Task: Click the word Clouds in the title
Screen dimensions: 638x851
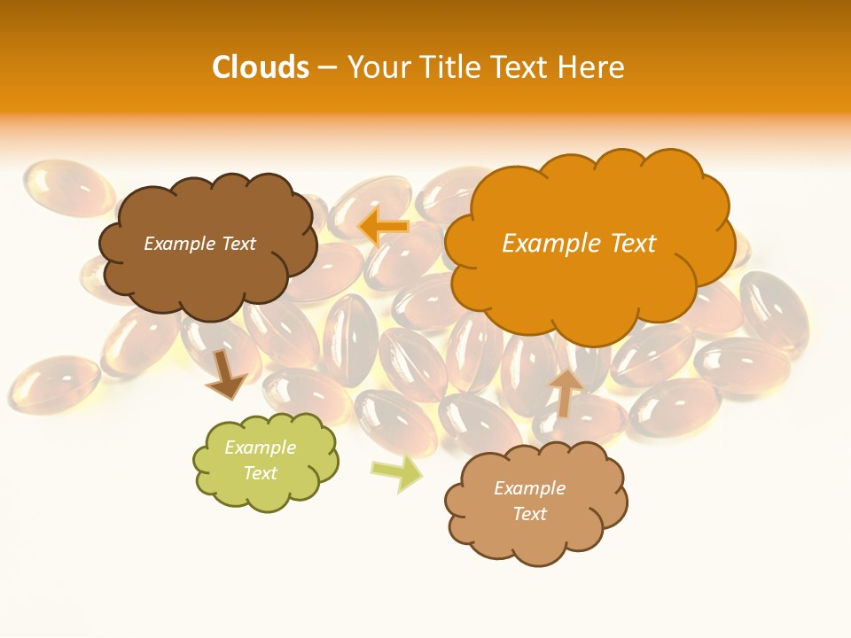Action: click(x=260, y=67)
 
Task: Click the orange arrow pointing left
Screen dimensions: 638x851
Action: click(x=383, y=227)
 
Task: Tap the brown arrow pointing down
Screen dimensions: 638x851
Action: click(x=226, y=374)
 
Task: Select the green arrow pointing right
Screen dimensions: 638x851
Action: click(x=397, y=474)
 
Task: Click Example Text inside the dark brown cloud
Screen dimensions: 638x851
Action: click(x=199, y=244)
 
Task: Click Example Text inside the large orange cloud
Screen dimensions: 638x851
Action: click(x=579, y=244)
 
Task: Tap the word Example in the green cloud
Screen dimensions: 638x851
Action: click(x=260, y=447)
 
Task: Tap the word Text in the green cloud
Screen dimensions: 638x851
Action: click(x=260, y=473)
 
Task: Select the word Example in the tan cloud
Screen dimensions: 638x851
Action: click(x=529, y=488)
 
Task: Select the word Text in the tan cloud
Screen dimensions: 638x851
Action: click(x=529, y=514)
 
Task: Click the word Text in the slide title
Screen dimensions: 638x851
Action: click(x=524, y=67)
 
